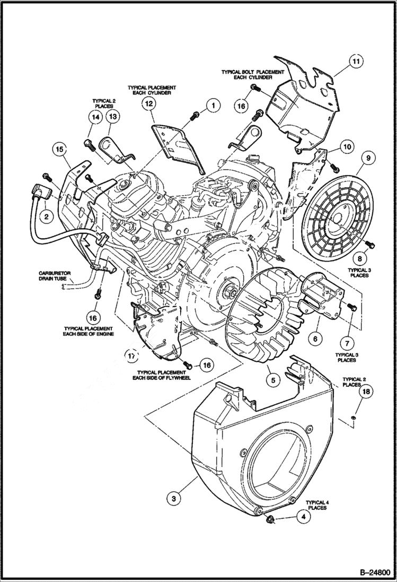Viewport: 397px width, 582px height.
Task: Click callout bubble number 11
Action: click(x=356, y=62)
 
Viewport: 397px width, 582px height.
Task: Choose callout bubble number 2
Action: click(x=46, y=216)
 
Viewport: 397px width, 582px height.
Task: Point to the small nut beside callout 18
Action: click(x=353, y=418)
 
